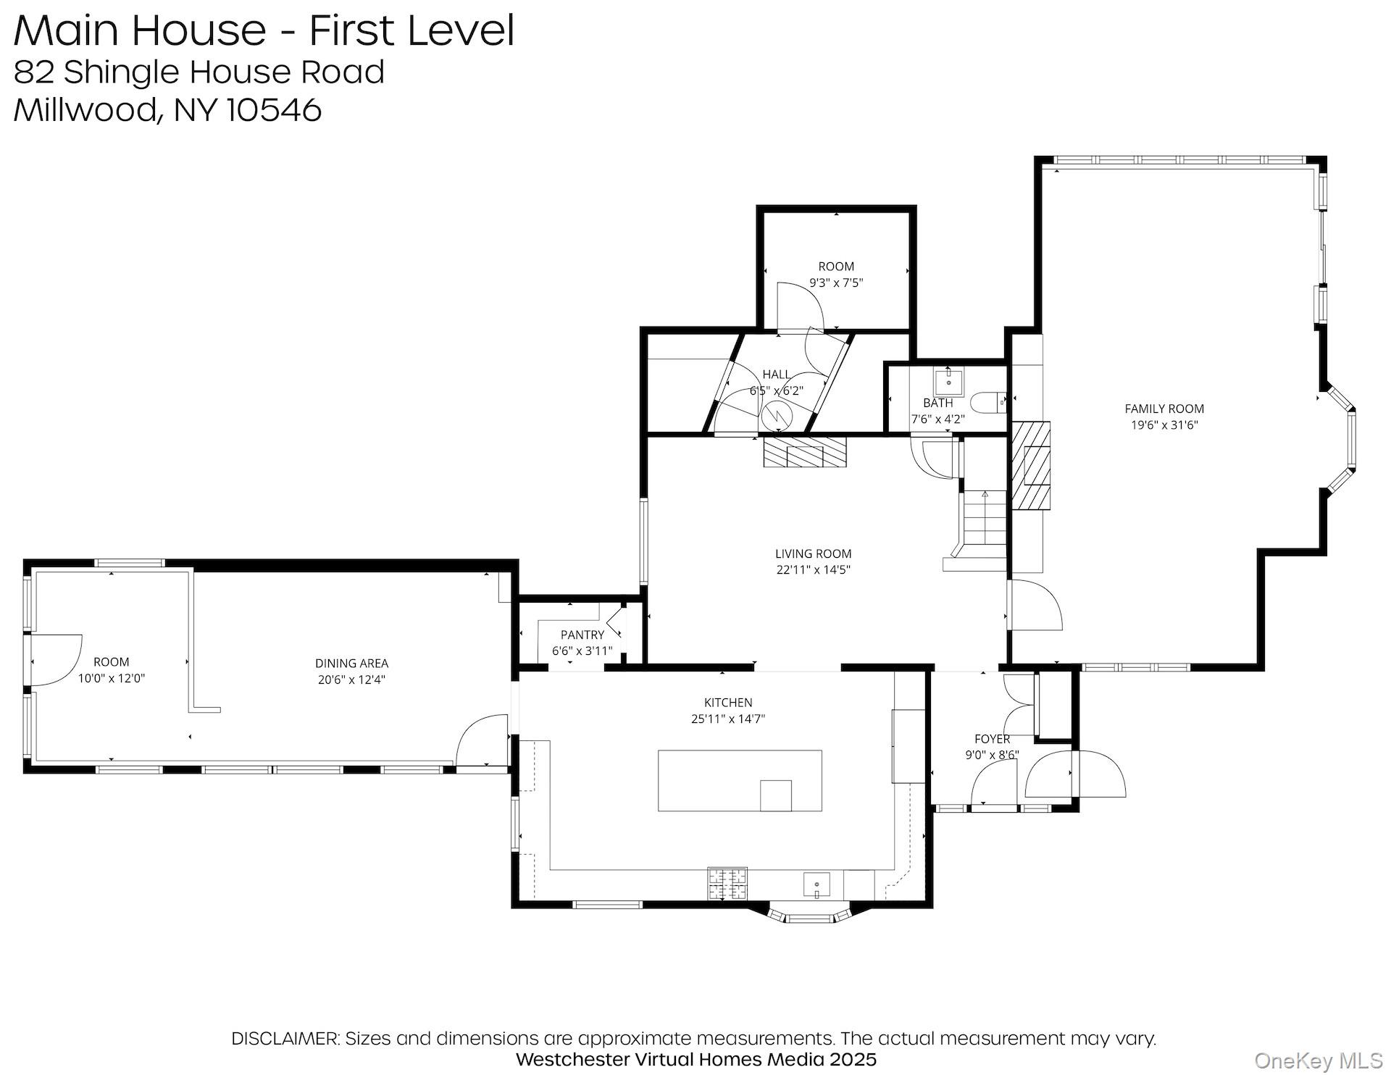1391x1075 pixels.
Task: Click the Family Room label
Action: [x=1164, y=409]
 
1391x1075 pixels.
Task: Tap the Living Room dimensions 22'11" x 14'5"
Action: [x=813, y=569]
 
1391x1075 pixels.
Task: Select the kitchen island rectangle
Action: [x=739, y=780]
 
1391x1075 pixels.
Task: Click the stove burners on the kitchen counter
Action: [x=727, y=883]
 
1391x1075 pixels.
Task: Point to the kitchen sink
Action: [x=817, y=884]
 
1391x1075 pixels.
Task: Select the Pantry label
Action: [x=582, y=635]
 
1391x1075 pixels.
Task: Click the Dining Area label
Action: [x=351, y=663]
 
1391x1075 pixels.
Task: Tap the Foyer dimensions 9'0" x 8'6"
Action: [x=992, y=754]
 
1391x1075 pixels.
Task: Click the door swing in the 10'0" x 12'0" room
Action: [x=57, y=659]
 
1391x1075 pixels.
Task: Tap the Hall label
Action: [x=776, y=375]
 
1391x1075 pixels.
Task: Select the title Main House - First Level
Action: [x=264, y=30]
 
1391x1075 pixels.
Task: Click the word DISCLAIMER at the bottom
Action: [x=285, y=1038]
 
